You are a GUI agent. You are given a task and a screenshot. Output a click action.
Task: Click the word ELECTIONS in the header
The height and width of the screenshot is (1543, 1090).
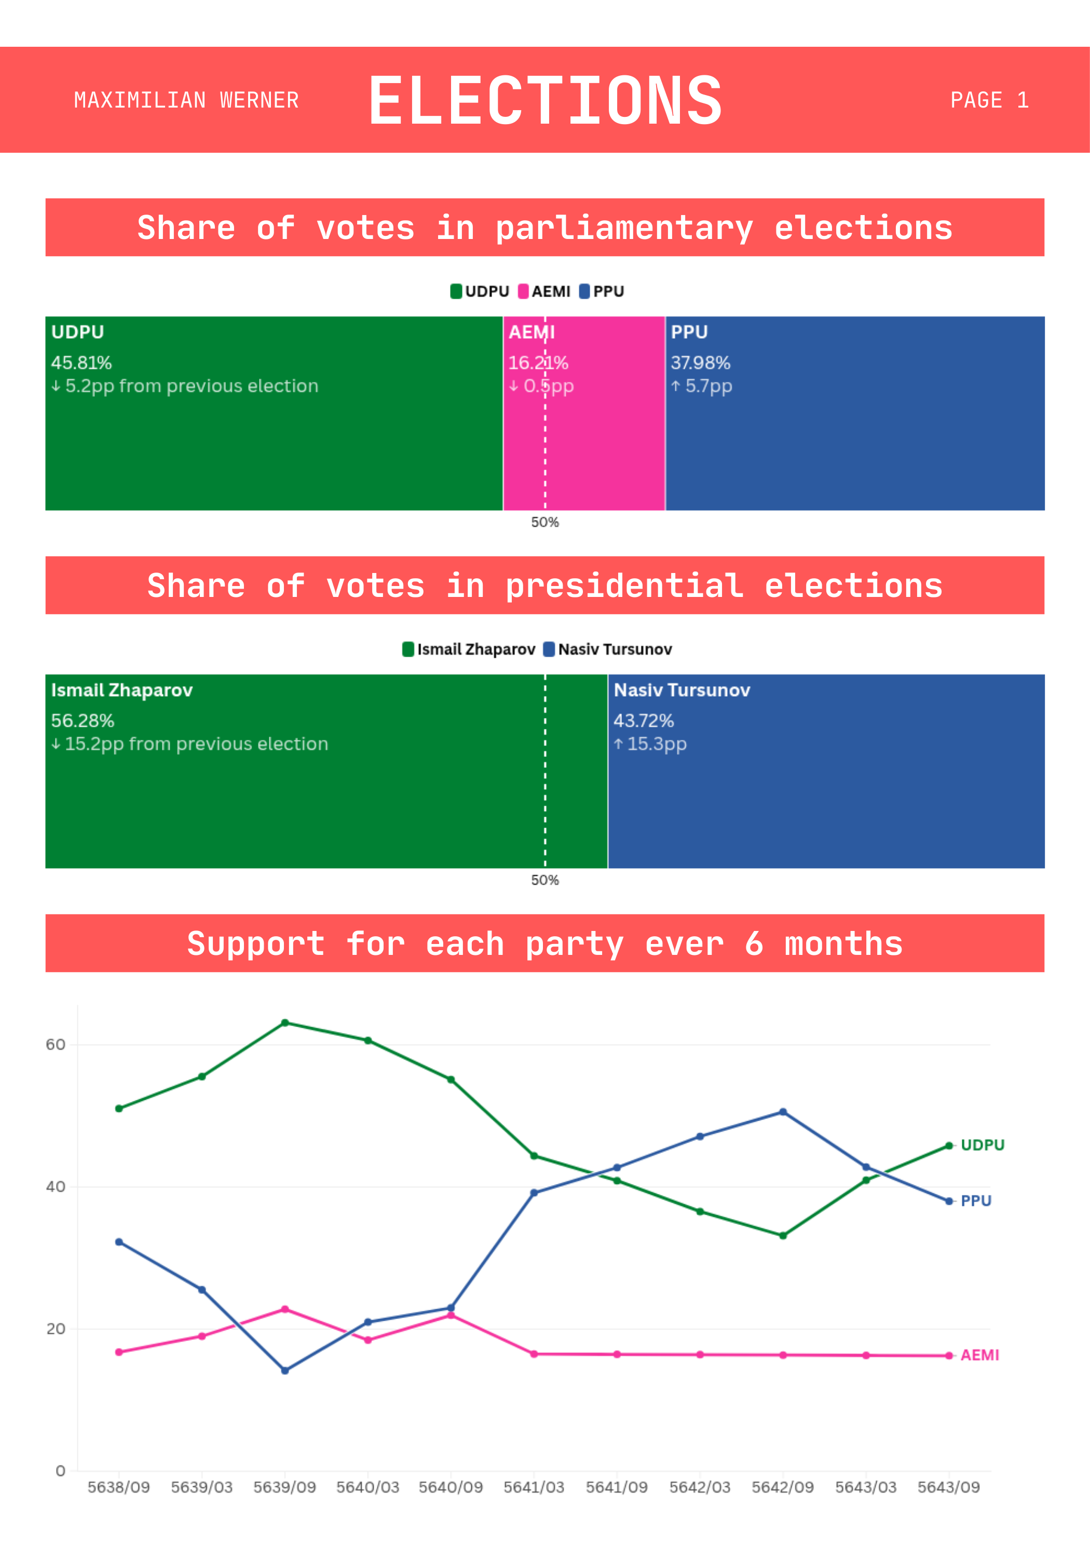546,100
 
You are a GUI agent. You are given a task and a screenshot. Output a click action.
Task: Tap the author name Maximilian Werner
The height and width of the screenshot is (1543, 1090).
186,100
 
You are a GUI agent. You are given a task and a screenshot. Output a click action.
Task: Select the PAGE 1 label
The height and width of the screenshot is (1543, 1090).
989,100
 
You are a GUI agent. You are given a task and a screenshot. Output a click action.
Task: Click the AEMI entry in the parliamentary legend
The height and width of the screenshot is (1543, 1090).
544,291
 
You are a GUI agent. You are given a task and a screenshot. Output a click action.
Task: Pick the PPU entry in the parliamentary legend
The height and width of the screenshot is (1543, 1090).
602,291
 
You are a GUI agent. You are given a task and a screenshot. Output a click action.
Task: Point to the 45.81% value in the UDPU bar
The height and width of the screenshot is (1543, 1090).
81,363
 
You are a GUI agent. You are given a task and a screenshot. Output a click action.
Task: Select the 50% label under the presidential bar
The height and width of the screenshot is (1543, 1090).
544,880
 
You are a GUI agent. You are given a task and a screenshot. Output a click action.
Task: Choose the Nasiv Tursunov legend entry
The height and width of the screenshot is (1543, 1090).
608,649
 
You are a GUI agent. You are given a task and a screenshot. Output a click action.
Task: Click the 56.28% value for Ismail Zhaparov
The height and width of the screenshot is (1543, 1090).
83,721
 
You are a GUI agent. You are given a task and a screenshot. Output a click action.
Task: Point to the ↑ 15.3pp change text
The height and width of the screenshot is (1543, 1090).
649,744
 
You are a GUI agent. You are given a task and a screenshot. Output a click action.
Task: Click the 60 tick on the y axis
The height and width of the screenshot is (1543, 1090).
56,1044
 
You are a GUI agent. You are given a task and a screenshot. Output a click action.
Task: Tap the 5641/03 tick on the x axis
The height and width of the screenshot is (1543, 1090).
534,1487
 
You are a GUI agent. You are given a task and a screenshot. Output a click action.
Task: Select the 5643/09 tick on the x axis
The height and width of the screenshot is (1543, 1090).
949,1487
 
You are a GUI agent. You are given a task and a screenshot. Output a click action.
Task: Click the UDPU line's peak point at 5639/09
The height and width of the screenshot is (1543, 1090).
285,1023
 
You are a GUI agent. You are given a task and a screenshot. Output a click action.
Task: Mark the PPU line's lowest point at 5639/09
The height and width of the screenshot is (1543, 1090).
285,1371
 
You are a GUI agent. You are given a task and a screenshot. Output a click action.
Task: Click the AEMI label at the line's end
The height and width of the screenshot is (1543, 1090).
980,1355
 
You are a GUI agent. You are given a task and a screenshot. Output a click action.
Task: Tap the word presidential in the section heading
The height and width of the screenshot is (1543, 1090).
624,586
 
